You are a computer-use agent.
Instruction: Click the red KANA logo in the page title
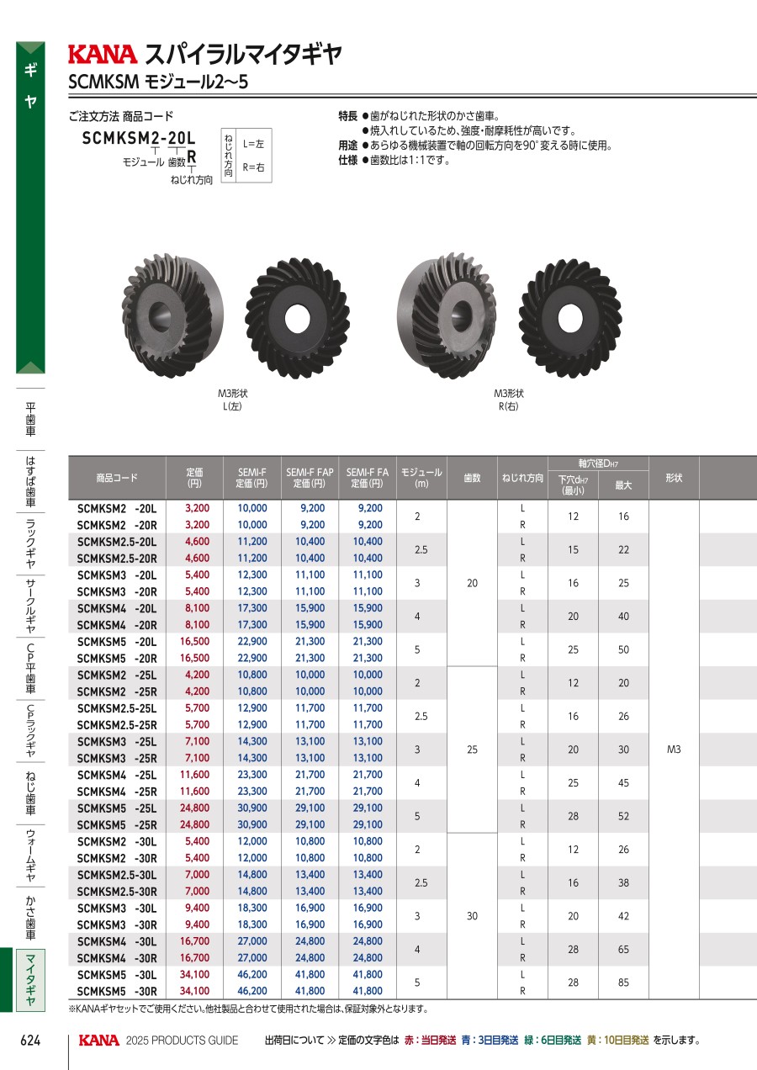[103, 55]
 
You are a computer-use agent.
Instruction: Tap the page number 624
[30, 1040]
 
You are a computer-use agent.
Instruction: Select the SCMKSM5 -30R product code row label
[117, 991]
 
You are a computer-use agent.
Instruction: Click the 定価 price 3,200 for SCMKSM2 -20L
[198, 508]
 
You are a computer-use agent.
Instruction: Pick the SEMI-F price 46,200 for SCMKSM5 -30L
[252, 974]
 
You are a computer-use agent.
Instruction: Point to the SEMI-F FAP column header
[310, 477]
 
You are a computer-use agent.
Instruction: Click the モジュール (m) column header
[421, 477]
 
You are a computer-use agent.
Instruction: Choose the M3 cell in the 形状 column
[674, 749]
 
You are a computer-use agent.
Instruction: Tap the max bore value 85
[623, 983]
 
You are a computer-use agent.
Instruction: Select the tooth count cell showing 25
[472, 749]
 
